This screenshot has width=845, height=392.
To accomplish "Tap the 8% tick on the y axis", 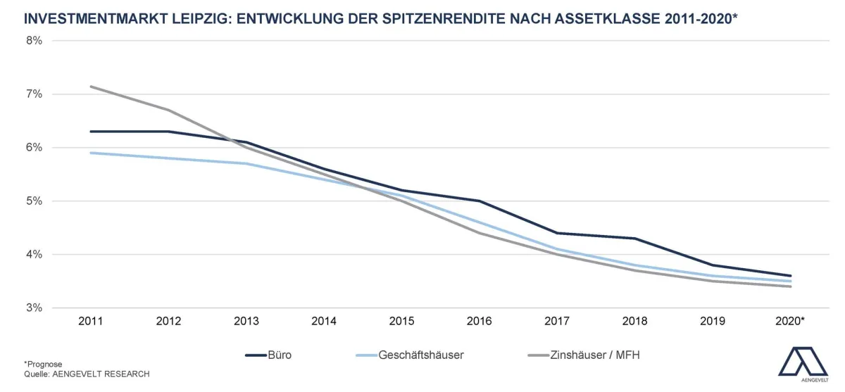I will pos(35,41).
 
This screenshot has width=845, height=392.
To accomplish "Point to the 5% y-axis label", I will pos(35,201).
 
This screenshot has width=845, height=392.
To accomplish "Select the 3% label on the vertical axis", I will pos(35,308).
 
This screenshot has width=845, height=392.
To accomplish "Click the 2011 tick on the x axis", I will pos(91,321).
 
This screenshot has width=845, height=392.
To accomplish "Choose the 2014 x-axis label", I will pos(324,321).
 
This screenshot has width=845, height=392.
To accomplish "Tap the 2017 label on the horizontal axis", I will pos(557,321).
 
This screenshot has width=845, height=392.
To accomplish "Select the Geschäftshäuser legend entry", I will pos(421,355).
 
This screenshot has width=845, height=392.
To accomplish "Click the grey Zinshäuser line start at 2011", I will pos(92,87).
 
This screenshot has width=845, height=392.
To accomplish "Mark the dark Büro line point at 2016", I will pos(480,201).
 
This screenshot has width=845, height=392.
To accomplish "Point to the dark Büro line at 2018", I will pos(635,239).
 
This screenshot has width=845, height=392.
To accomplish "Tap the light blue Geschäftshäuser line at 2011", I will pos(92,153).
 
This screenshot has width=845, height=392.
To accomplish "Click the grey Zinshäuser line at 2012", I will pos(169,110).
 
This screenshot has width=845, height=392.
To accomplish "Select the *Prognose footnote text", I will pos(43,364).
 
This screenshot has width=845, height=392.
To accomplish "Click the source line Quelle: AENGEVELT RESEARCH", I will pos(87,374).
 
